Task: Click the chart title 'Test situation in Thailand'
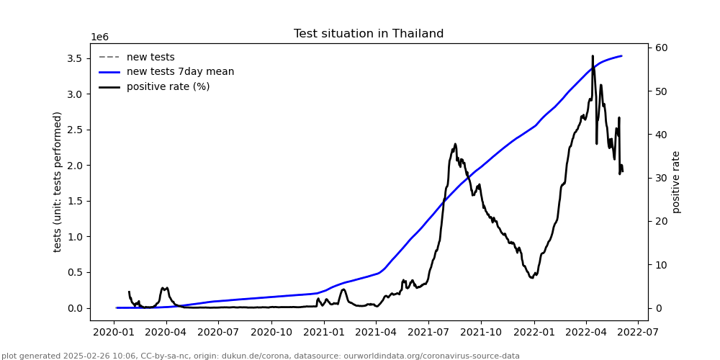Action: [369, 34]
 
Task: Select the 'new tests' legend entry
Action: [150, 58]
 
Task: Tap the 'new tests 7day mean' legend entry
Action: [180, 72]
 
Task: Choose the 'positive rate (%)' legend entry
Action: [168, 87]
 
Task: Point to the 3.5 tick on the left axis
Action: [76, 58]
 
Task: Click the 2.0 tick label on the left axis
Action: [76, 166]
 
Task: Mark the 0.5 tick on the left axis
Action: [76, 272]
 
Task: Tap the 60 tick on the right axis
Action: [661, 48]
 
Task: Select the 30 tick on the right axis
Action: [661, 179]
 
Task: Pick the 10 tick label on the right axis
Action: [661, 265]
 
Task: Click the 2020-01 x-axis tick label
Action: [114, 333]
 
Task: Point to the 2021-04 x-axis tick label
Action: [377, 333]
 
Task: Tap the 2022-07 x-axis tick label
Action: [639, 333]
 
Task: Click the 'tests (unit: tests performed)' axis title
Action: [58, 181]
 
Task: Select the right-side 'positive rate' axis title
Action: [676, 181]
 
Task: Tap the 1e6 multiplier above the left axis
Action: [99, 37]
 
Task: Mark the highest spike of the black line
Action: [593, 56]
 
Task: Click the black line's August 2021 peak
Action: [455, 144]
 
